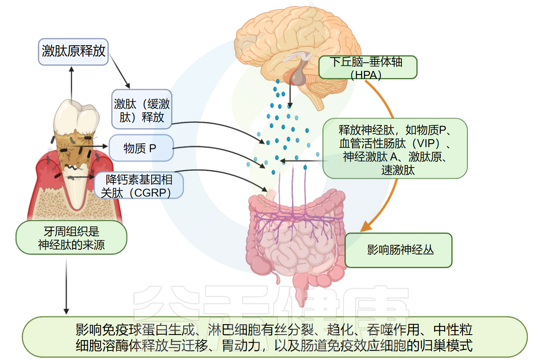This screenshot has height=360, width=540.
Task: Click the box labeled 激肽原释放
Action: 73,51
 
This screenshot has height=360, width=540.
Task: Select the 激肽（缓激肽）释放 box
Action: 141,110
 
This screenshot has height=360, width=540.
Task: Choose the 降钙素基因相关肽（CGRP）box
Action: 139,186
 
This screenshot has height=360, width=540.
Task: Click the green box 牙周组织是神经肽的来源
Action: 71,238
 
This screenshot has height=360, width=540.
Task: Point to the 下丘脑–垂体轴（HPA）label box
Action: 367,67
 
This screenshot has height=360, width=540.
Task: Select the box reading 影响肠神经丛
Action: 399,250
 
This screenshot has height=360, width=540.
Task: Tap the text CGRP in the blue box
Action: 150,193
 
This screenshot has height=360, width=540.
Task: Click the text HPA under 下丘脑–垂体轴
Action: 366,75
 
